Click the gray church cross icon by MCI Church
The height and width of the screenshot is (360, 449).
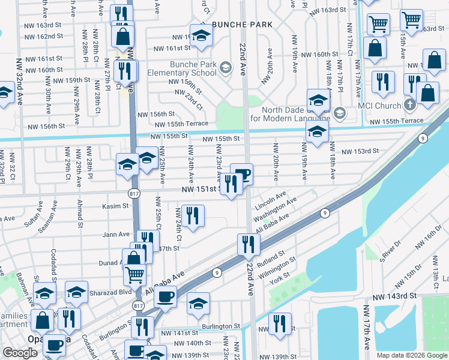(x=410, y=106)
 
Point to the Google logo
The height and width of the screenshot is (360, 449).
(x=20, y=353)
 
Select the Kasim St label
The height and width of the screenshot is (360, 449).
(x=116, y=206)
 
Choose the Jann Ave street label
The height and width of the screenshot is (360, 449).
(x=116, y=234)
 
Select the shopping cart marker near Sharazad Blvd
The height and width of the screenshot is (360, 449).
(x=135, y=275)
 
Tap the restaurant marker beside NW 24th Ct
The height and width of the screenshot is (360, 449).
(x=193, y=216)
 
